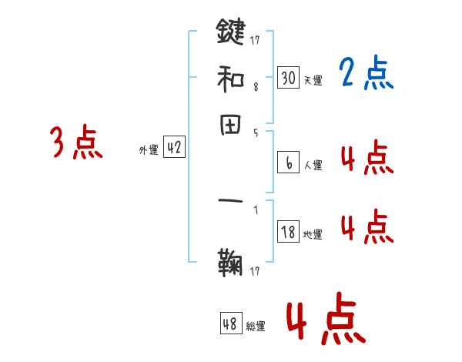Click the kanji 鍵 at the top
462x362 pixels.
tap(230, 32)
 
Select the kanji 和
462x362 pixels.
tap(230, 77)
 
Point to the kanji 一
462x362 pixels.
tap(230, 204)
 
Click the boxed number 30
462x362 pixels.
tap(288, 78)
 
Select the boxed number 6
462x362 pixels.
tap(288, 163)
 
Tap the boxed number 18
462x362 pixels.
tap(288, 232)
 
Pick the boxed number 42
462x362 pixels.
tap(174, 149)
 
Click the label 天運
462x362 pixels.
tap(313, 80)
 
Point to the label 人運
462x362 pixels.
tap(313, 164)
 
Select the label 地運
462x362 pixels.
tap(313, 234)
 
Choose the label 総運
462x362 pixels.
tap(256, 327)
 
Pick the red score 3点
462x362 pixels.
tap(77, 142)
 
